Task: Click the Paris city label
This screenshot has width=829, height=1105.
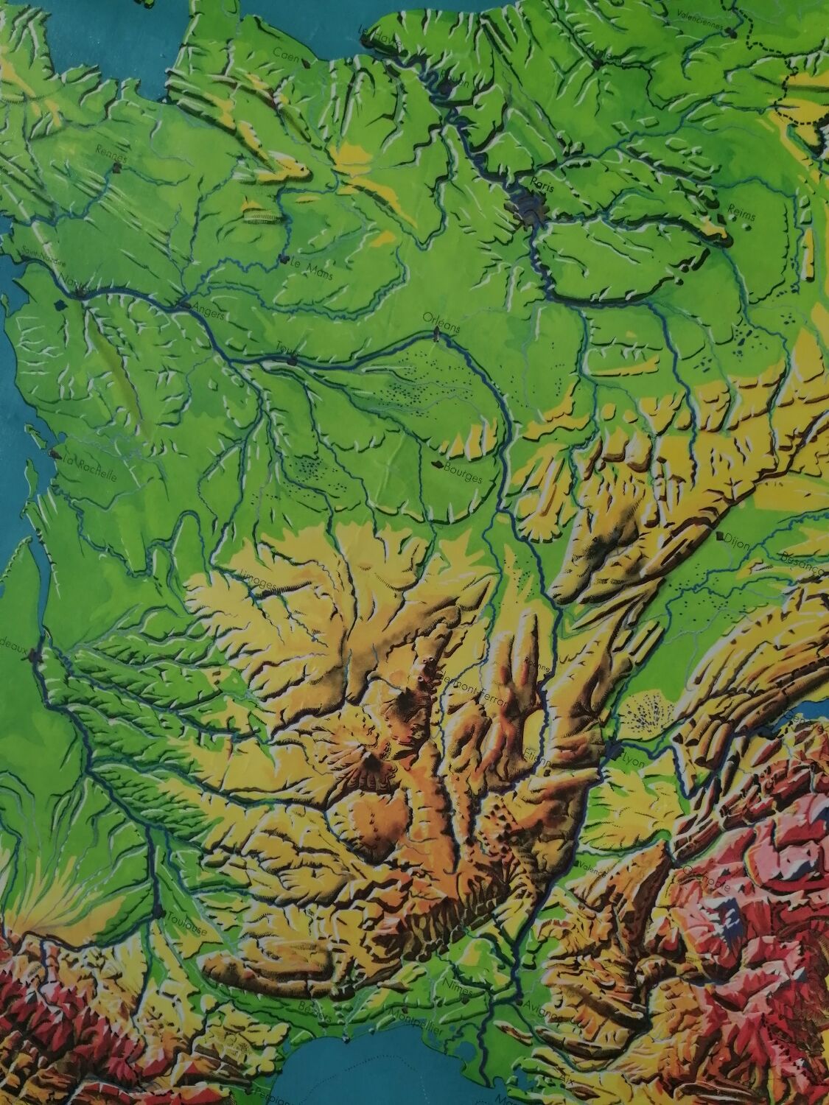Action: click(545, 179)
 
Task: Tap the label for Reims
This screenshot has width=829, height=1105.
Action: click(741, 209)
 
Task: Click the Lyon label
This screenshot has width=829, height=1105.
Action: click(633, 761)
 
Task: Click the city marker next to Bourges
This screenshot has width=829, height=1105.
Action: click(441, 465)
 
